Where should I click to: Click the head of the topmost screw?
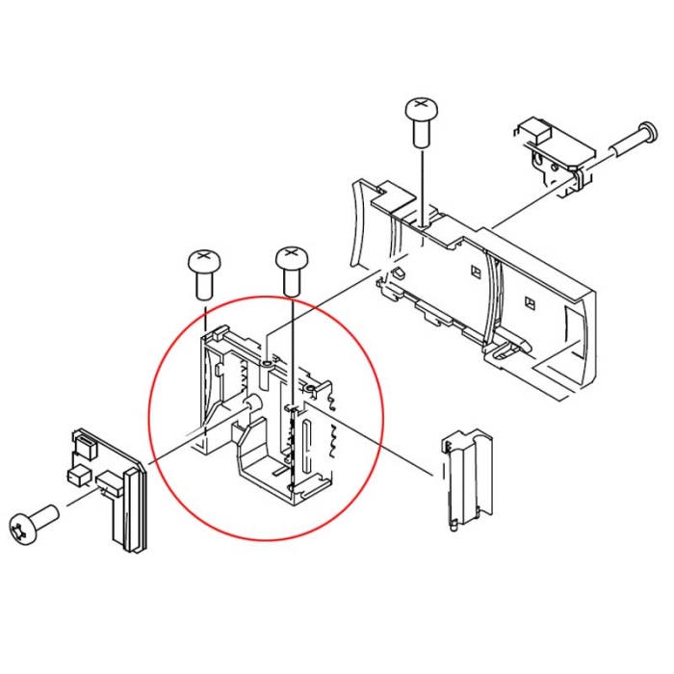(420, 105)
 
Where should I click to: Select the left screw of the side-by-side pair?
(202, 260)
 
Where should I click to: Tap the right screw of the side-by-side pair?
(292, 258)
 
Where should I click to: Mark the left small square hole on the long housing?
(474, 272)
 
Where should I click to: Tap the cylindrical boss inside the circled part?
(253, 404)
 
